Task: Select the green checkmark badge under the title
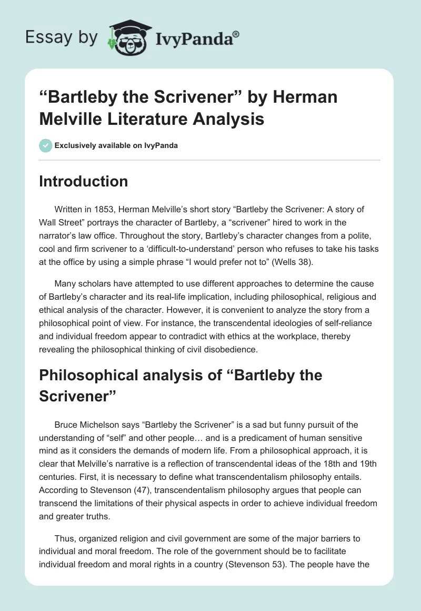click(x=45, y=145)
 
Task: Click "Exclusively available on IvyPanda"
click(x=116, y=145)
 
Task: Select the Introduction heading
click(x=84, y=181)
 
